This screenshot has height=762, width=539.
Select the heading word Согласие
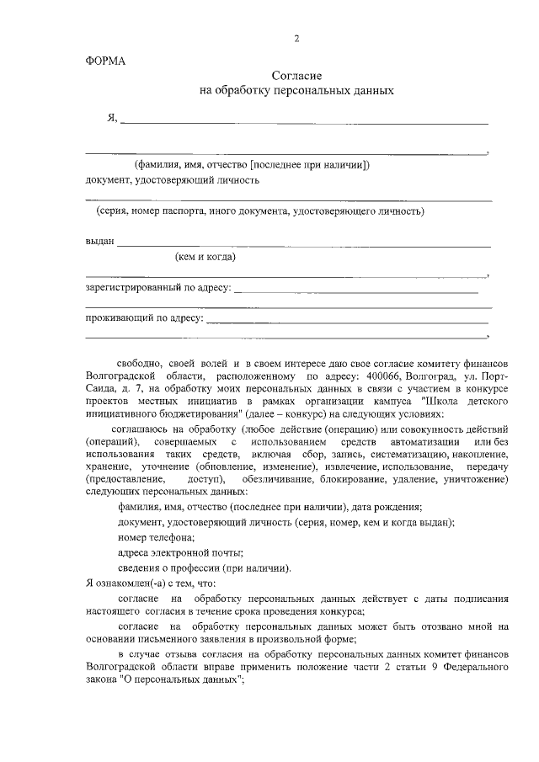[296, 76]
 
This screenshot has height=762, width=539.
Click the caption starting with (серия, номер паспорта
[260, 210]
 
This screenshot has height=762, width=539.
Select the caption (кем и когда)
[205, 257]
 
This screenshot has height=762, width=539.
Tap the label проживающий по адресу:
[144, 318]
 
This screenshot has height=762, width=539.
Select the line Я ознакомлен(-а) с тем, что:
[151, 583]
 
